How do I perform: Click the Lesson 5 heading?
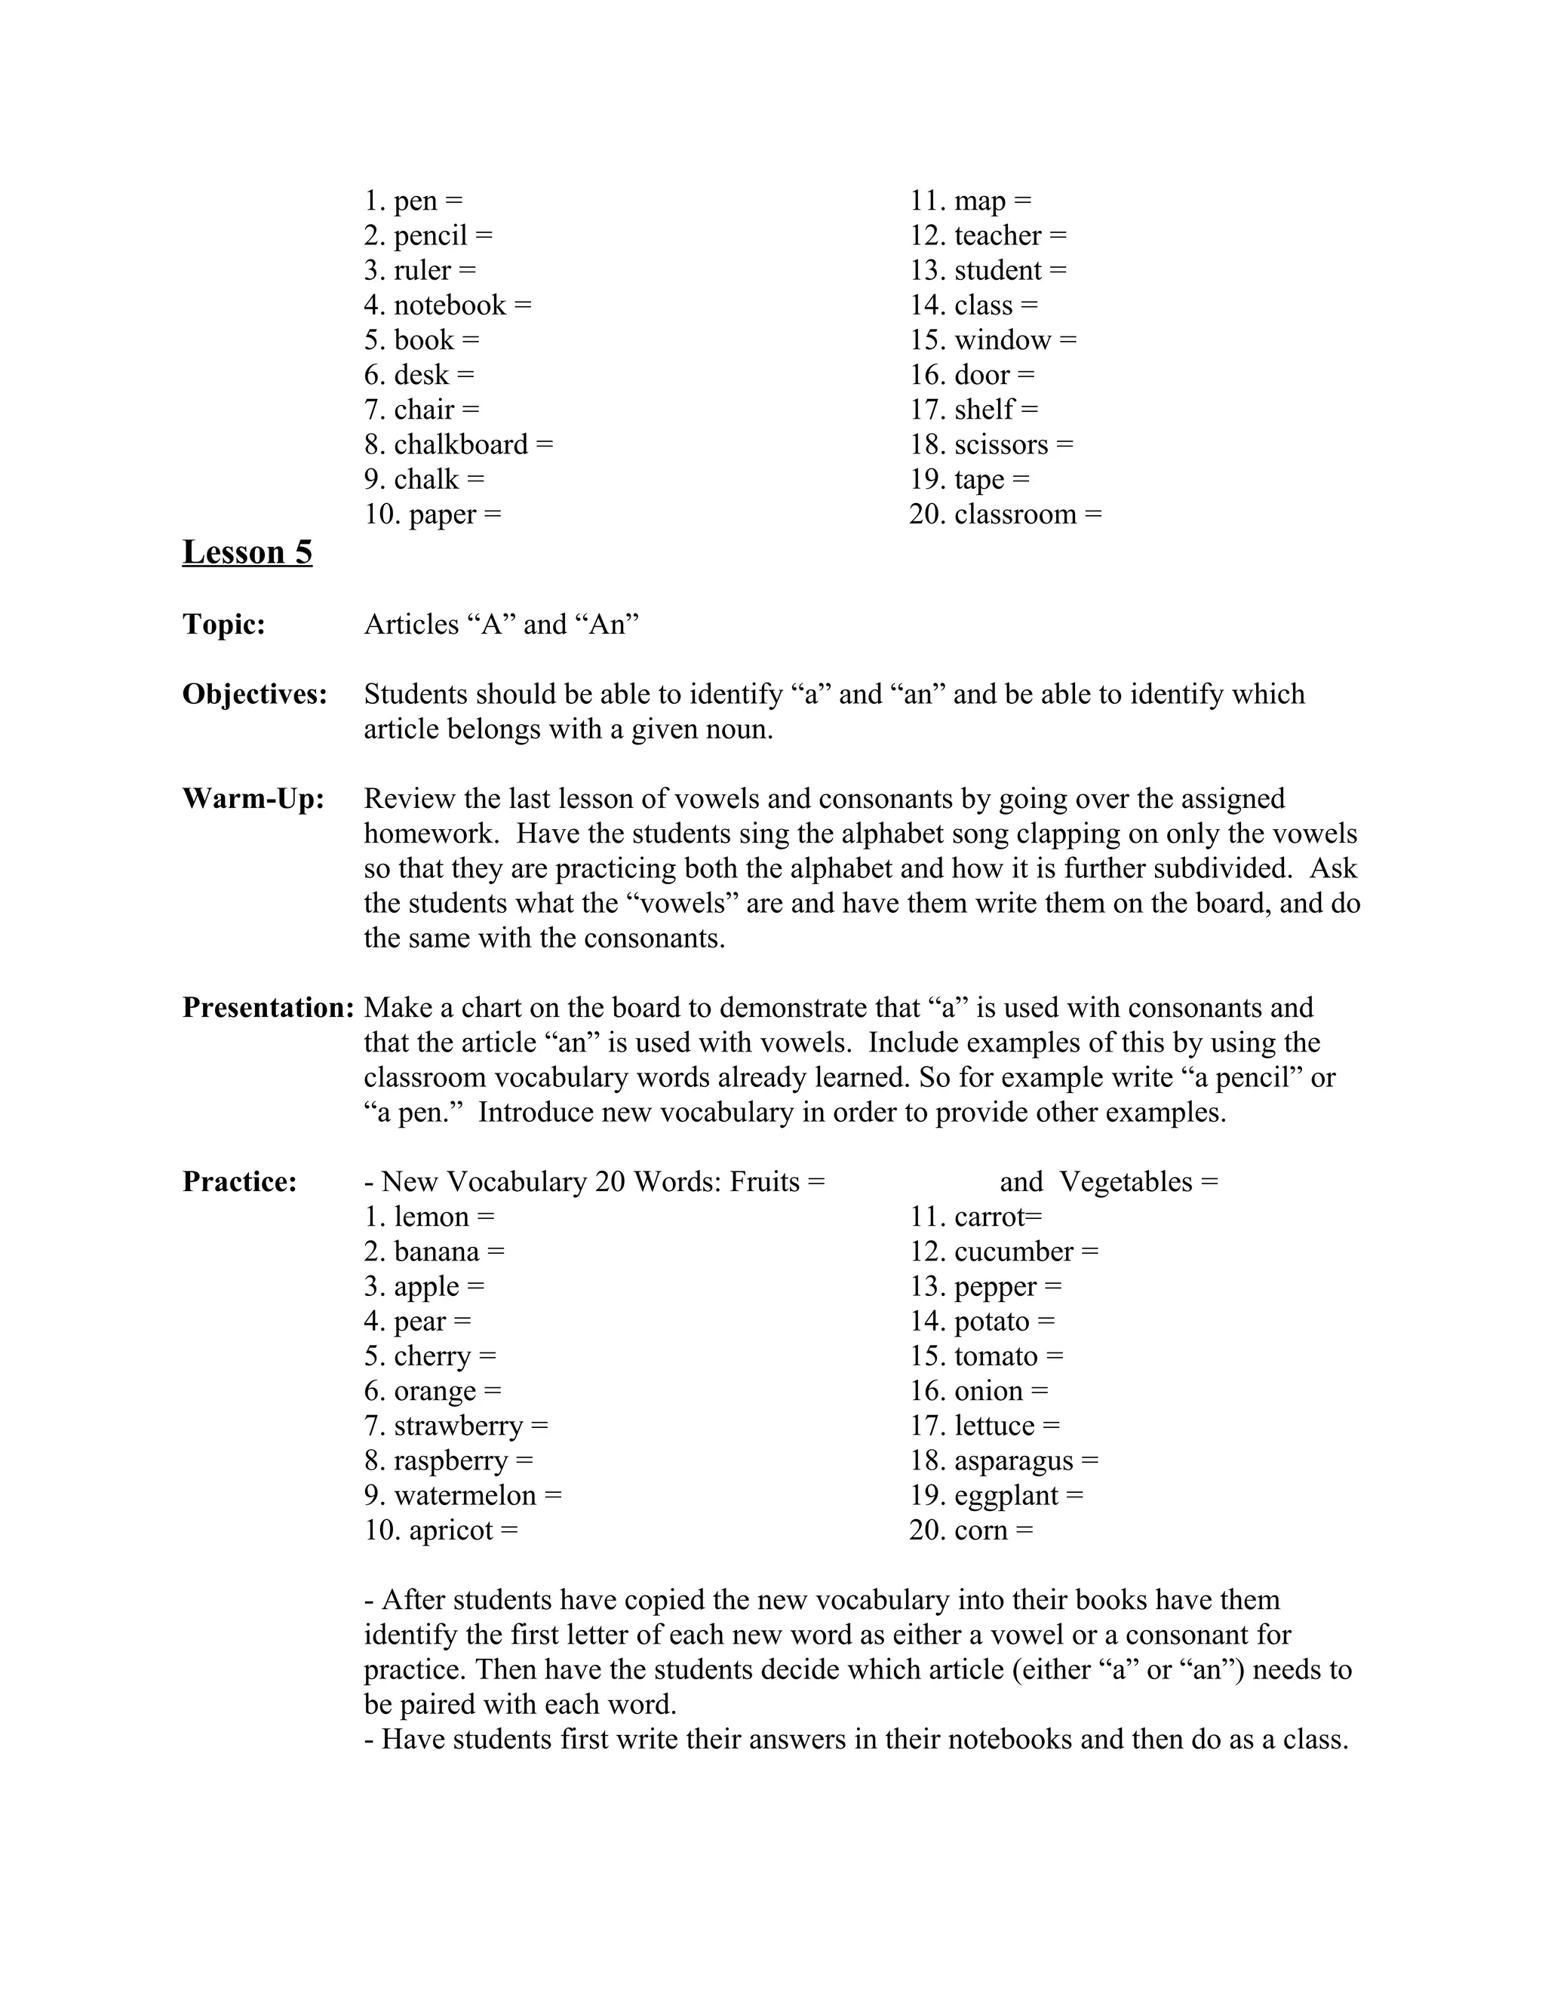[x=247, y=552]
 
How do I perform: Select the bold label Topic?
[x=224, y=625]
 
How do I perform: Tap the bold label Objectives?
[x=254, y=694]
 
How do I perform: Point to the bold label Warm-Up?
[x=253, y=798]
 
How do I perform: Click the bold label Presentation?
[x=268, y=1007]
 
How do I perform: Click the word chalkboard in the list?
[x=460, y=445]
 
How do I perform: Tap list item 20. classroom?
[x=1004, y=514]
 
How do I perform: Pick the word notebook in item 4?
[x=450, y=306]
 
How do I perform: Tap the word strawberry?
[x=458, y=1426]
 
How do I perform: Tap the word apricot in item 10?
[x=450, y=1530]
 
